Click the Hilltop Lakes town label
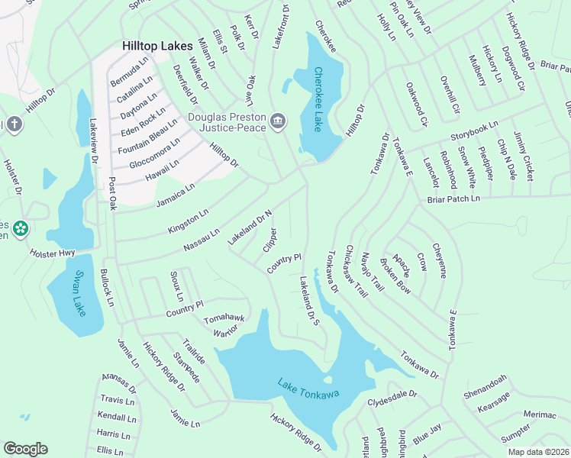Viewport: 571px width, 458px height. [x=158, y=47]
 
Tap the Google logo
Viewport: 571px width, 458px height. [x=25, y=448]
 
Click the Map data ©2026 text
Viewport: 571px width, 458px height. [x=538, y=452]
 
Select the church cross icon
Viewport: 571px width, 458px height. [x=14, y=125]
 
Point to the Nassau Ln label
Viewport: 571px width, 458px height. [x=202, y=240]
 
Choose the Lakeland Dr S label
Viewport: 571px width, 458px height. [x=308, y=301]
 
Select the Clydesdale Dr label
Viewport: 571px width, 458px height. [x=392, y=398]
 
